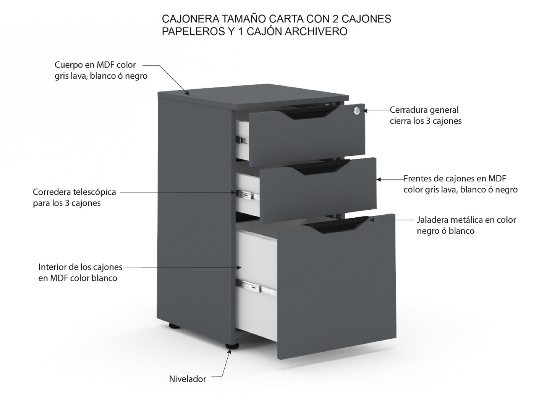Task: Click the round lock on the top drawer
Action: (x=357, y=110)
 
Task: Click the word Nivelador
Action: (x=187, y=379)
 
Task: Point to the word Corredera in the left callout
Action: (x=50, y=192)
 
